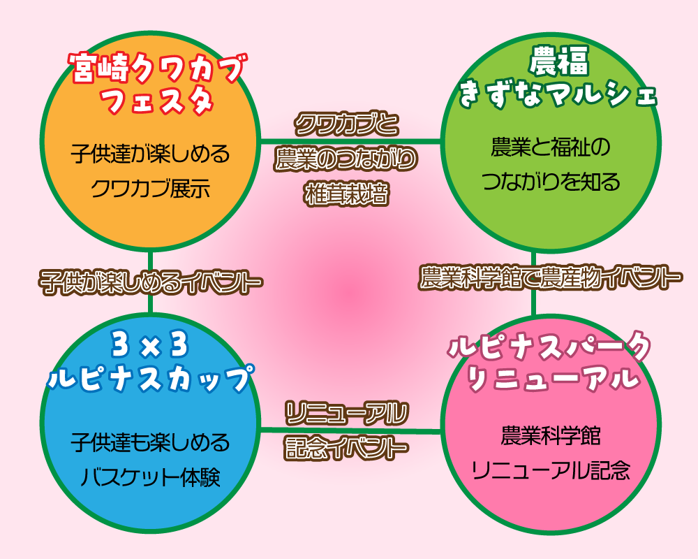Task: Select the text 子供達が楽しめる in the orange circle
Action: [x=150, y=154]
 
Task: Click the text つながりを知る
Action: [x=551, y=182]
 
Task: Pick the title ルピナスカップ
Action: [x=150, y=378]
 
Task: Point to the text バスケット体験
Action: [x=150, y=478]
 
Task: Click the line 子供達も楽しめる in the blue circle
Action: [x=150, y=442]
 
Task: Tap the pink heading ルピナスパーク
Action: [x=551, y=347]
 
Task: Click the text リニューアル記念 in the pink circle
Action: [x=551, y=470]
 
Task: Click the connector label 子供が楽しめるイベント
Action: [x=150, y=282]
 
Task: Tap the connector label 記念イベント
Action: [x=346, y=448]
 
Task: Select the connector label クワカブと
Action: [x=346, y=126]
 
